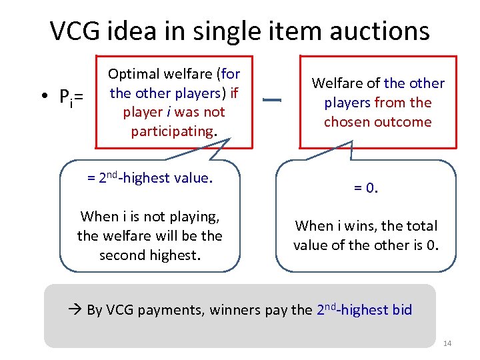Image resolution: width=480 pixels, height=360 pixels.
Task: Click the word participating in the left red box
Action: pyautogui.click(x=171, y=131)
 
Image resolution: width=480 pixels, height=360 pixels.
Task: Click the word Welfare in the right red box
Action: pyautogui.click(x=337, y=83)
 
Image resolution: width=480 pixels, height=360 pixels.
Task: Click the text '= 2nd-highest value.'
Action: pyautogui.click(x=149, y=178)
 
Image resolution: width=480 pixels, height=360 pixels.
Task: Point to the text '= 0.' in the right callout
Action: pyautogui.click(x=366, y=189)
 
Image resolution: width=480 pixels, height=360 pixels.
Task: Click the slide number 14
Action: pyautogui.click(x=447, y=343)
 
